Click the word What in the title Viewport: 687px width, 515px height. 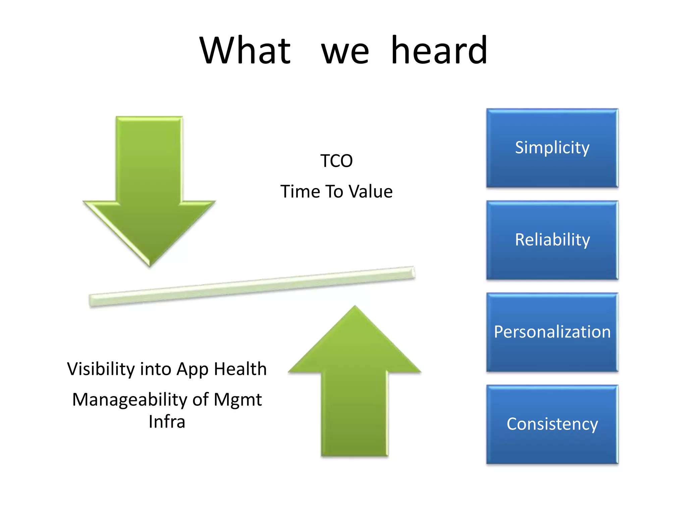[245, 51]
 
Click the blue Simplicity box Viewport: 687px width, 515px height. [552, 148]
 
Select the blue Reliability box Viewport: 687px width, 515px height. [552, 240]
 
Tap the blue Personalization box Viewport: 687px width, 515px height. [552, 332]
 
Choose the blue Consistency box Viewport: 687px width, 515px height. [552, 424]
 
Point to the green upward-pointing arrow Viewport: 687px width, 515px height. [355, 386]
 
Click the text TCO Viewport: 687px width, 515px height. [336, 161]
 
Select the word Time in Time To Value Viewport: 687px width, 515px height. [300, 192]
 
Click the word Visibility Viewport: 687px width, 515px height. [101, 369]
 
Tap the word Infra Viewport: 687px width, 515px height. [167, 422]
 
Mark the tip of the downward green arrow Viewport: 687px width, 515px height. [150, 265]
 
